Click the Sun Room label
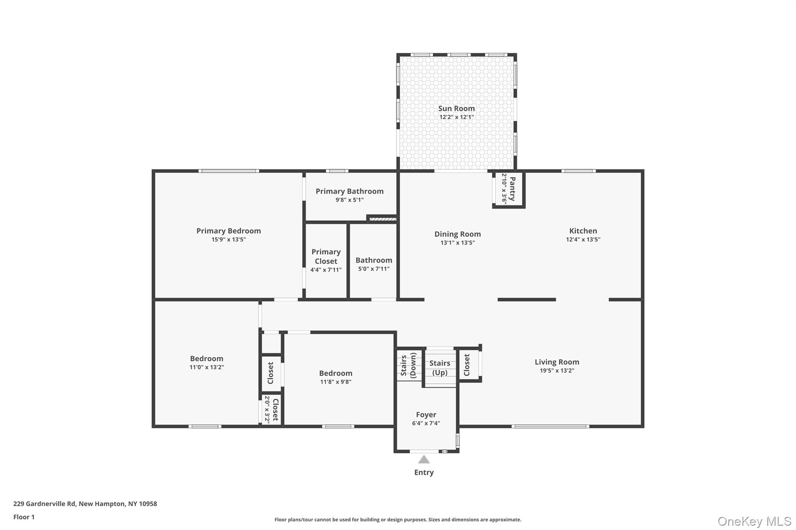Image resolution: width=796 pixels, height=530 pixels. pyautogui.click(x=456, y=108)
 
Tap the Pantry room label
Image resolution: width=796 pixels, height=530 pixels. pyautogui.click(x=512, y=189)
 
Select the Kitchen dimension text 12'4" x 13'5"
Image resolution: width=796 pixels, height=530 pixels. pyautogui.click(x=583, y=240)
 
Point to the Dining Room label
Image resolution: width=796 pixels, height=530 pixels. pyautogui.click(x=457, y=234)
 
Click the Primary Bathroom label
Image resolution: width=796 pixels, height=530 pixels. pyautogui.click(x=349, y=191)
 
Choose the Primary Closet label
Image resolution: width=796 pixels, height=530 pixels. pyautogui.click(x=326, y=256)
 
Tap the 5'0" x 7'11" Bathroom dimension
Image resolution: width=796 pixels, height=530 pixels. pyautogui.click(x=374, y=269)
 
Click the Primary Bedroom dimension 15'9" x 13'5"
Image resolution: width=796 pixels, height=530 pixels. pyautogui.click(x=228, y=240)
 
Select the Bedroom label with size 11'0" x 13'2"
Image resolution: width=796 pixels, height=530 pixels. pyautogui.click(x=206, y=358)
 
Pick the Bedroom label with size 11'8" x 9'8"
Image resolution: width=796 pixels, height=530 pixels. pyautogui.click(x=335, y=373)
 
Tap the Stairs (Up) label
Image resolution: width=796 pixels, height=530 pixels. pyautogui.click(x=440, y=368)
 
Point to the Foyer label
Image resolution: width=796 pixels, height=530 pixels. pyautogui.click(x=426, y=415)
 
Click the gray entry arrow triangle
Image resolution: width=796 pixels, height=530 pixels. pyautogui.click(x=424, y=460)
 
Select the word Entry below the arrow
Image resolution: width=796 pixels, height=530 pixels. pyautogui.click(x=424, y=472)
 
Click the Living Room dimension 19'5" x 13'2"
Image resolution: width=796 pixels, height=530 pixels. pyautogui.click(x=557, y=370)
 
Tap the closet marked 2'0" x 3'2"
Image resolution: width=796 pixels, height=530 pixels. pyautogui.click(x=271, y=410)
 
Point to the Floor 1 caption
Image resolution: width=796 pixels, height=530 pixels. pyautogui.click(x=24, y=517)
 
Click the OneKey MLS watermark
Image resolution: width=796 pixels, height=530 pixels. pyautogui.click(x=754, y=521)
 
